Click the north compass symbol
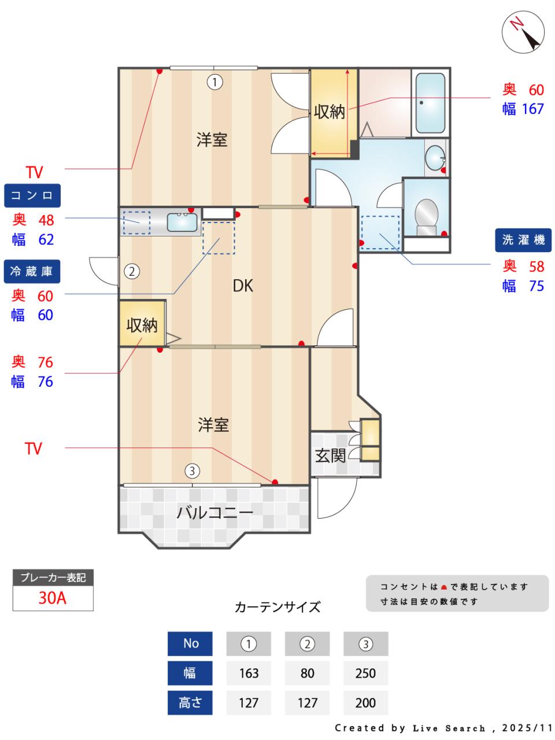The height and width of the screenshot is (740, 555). [x=523, y=32]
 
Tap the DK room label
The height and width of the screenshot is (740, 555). [x=243, y=286]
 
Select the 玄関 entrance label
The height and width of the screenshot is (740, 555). [x=330, y=456]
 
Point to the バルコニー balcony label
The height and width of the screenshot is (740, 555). [x=214, y=512]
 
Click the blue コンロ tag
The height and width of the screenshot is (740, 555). [x=32, y=195]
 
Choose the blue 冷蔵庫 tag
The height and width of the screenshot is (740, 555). [x=32, y=271]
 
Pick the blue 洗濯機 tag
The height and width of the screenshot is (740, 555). [x=523, y=240]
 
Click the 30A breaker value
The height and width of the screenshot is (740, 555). [x=53, y=598]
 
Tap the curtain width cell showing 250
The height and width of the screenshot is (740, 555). [x=365, y=673]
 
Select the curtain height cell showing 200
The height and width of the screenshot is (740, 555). [x=365, y=703]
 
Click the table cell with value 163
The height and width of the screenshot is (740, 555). [x=249, y=673]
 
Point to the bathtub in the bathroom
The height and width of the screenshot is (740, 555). [x=430, y=102]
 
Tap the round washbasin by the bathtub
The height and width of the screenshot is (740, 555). [x=435, y=156]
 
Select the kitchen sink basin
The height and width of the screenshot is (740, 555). [x=182, y=221]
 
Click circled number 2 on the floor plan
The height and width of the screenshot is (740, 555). [x=132, y=271]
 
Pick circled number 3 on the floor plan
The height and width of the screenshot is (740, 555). [x=192, y=471]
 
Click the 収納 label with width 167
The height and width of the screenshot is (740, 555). [x=329, y=112]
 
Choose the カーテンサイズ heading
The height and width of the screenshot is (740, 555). [x=277, y=607]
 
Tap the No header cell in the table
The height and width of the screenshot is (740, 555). [x=190, y=643]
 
